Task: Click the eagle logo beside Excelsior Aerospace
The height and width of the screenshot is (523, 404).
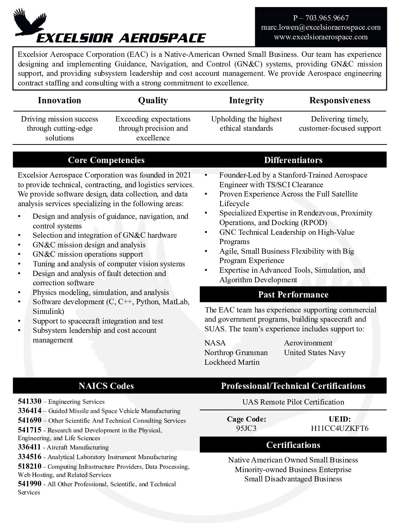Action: tap(28, 23)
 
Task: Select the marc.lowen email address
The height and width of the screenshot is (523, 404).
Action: tap(321, 27)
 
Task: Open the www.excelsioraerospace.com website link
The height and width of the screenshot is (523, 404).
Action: tap(321, 37)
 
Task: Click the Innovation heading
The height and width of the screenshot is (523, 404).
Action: tap(59, 100)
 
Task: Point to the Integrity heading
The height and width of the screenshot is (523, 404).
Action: tap(246, 100)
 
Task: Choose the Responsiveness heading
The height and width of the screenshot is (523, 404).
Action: tap(340, 100)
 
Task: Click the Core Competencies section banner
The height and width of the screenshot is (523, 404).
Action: tap(106, 160)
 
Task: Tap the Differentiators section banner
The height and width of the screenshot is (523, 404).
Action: tap(293, 160)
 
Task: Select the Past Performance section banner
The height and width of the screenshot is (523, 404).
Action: tap(293, 295)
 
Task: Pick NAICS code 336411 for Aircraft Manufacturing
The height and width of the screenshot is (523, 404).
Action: tap(29, 447)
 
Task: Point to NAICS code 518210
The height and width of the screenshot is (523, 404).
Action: tap(29, 467)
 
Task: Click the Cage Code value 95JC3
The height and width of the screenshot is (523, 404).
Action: tap(246, 428)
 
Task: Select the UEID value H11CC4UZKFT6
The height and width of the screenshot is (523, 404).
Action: tap(340, 428)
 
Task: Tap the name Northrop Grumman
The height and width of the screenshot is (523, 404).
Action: tap(236, 353)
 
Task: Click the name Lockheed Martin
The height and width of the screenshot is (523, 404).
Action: tap(232, 362)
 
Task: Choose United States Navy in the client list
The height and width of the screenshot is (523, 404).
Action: tap(315, 353)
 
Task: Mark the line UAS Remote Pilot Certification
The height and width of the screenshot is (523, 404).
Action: tap(293, 402)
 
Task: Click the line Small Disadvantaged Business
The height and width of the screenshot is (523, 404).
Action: tap(293, 479)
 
